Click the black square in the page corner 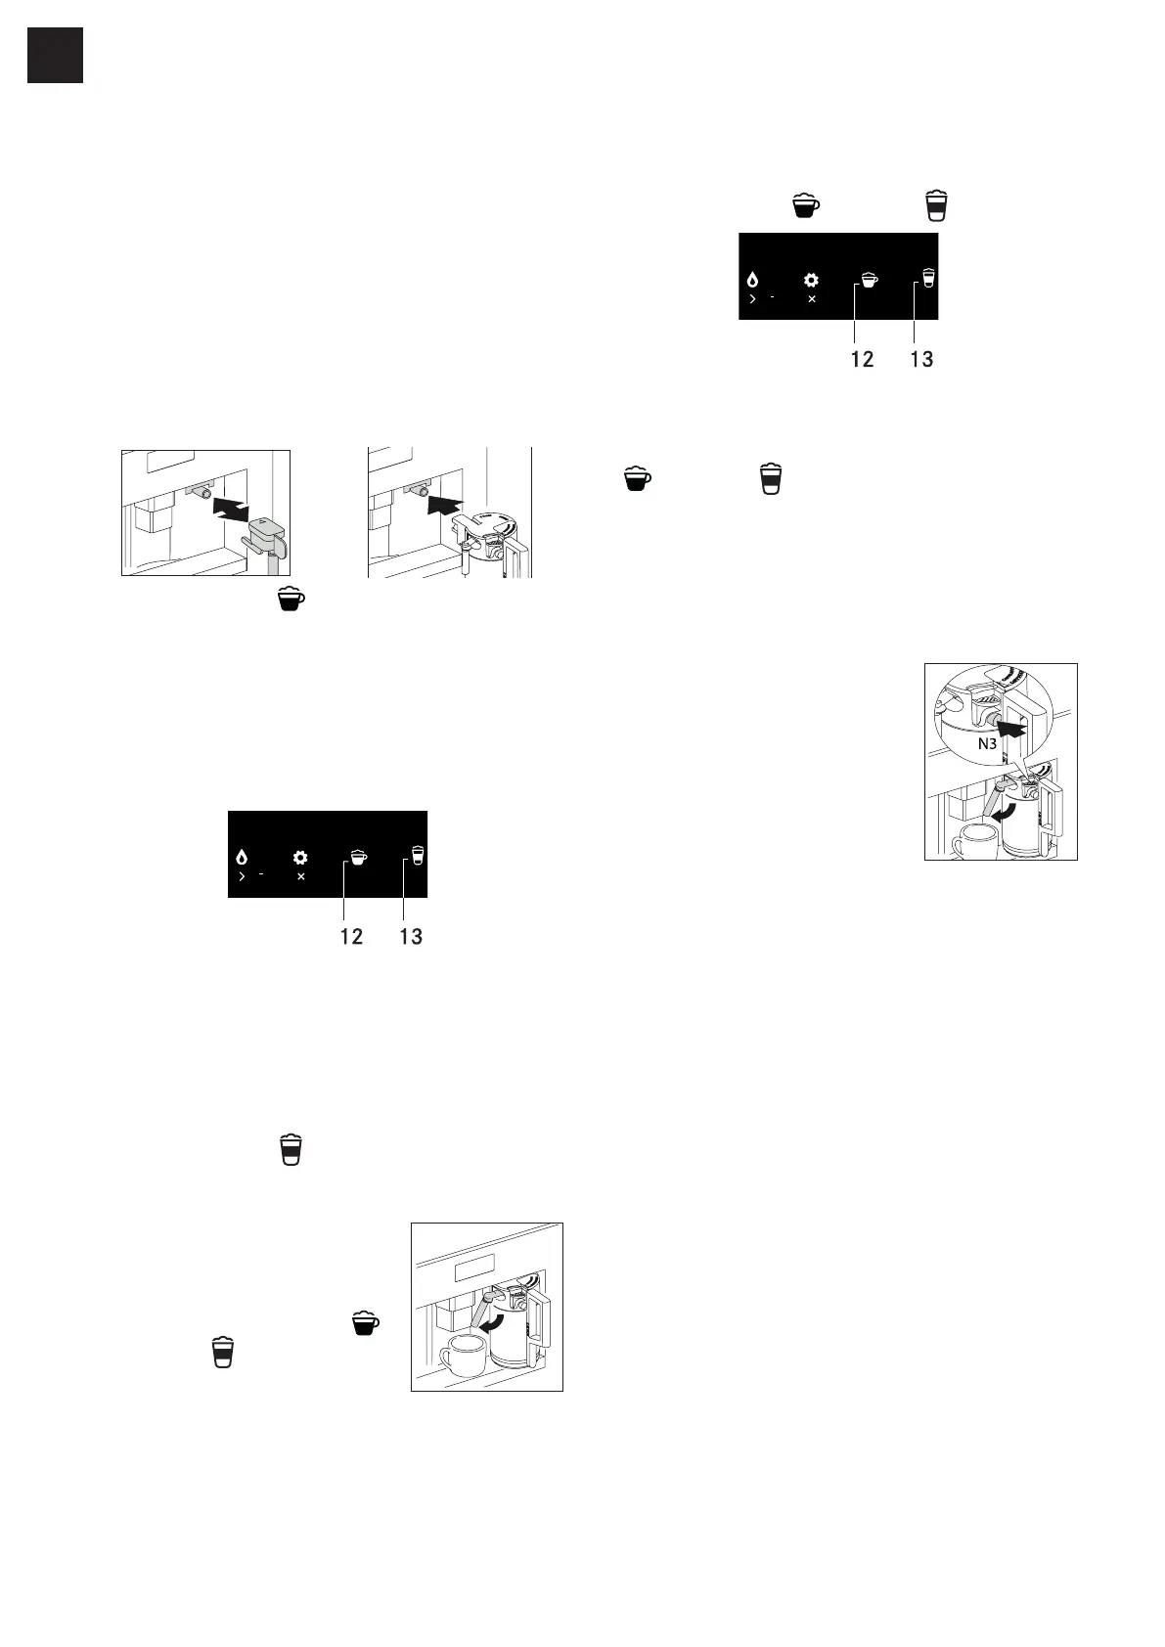55,55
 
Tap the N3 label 987,744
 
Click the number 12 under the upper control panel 862,359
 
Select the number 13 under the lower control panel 411,936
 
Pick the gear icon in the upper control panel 811,280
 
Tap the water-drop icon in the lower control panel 242,858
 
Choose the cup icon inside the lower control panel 358,858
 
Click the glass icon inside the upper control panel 928,279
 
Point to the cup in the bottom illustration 464,1357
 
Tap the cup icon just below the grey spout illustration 291,600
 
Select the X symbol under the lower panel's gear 300,876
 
